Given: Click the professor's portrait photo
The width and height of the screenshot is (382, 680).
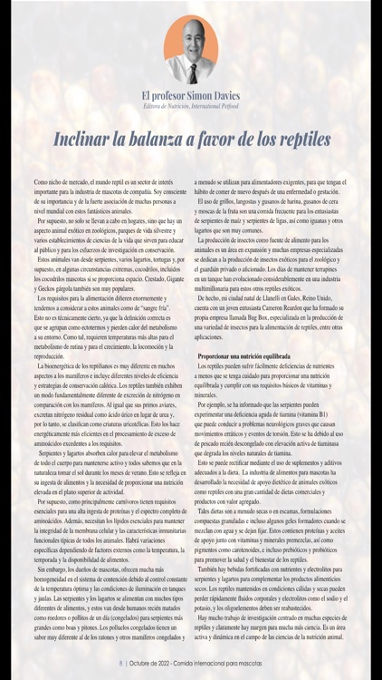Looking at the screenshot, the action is (x=190, y=50).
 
